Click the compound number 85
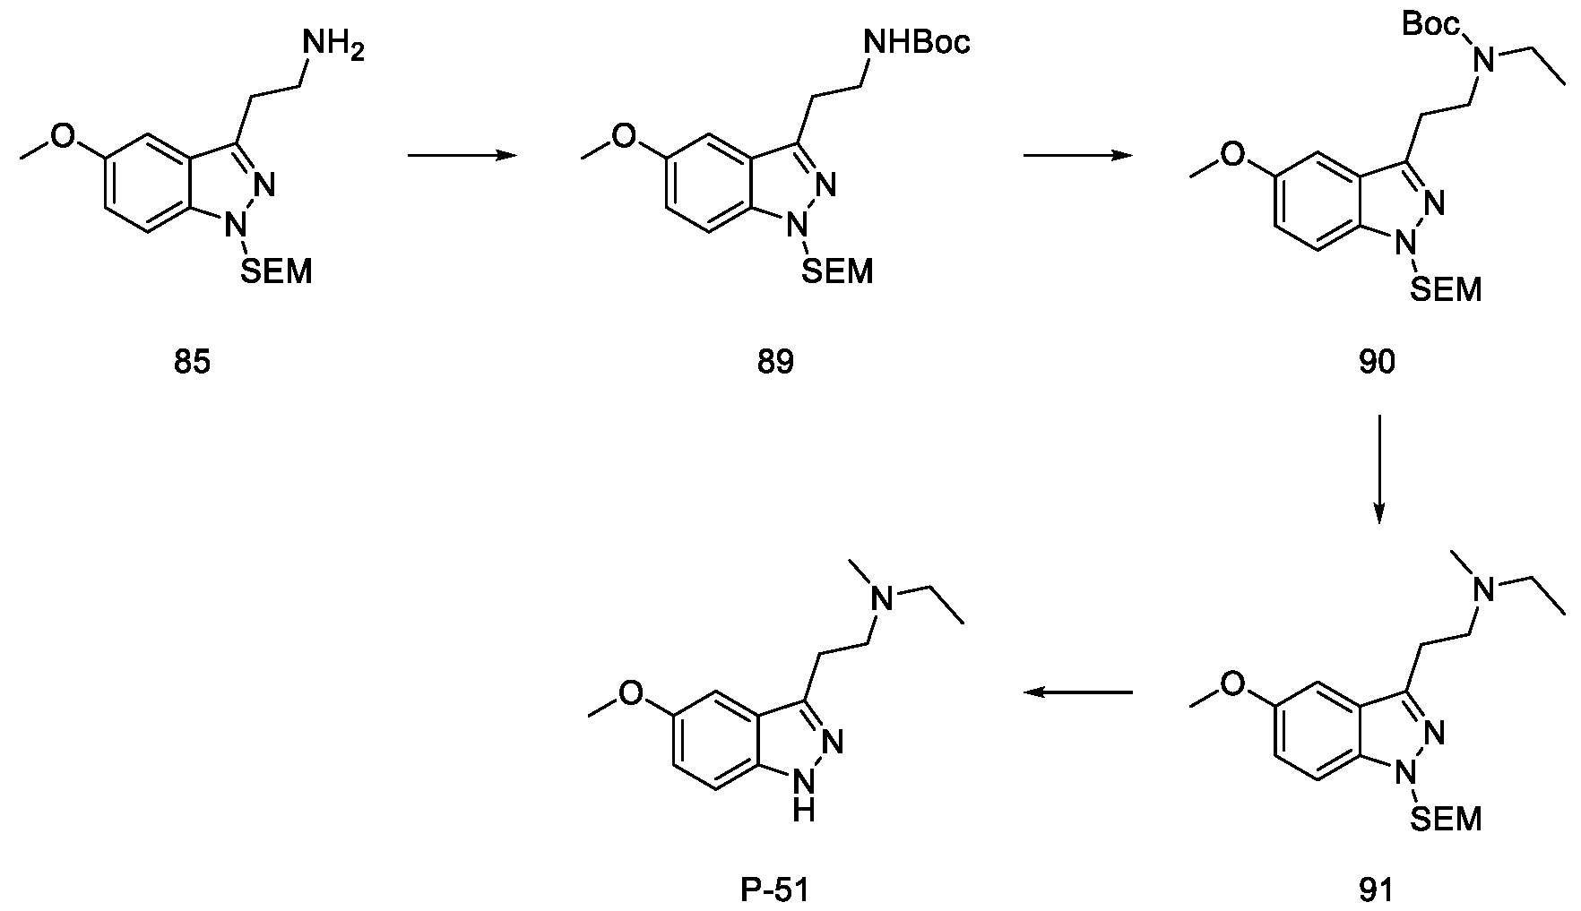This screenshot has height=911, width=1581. click(x=193, y=363)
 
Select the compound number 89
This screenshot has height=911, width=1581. click(x=775, y=363)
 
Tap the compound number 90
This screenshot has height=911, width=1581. click(x=1377, y=363)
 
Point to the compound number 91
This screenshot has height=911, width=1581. click(x=1377, y=890)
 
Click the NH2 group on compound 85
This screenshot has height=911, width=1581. click(x=333, y=45)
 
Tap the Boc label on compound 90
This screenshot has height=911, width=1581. click(x=1431, y=24)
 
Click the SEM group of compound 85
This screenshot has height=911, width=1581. click(x=277, y=270)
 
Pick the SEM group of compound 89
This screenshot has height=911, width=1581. click(x=837, y=271)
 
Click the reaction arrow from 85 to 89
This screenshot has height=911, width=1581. click(x=462, y=156)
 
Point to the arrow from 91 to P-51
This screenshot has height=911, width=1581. click(x=1079, y=692)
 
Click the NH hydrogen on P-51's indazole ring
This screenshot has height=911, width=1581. click(x=806, y=812)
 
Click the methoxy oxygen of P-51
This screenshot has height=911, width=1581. click(x=632, y=693)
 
